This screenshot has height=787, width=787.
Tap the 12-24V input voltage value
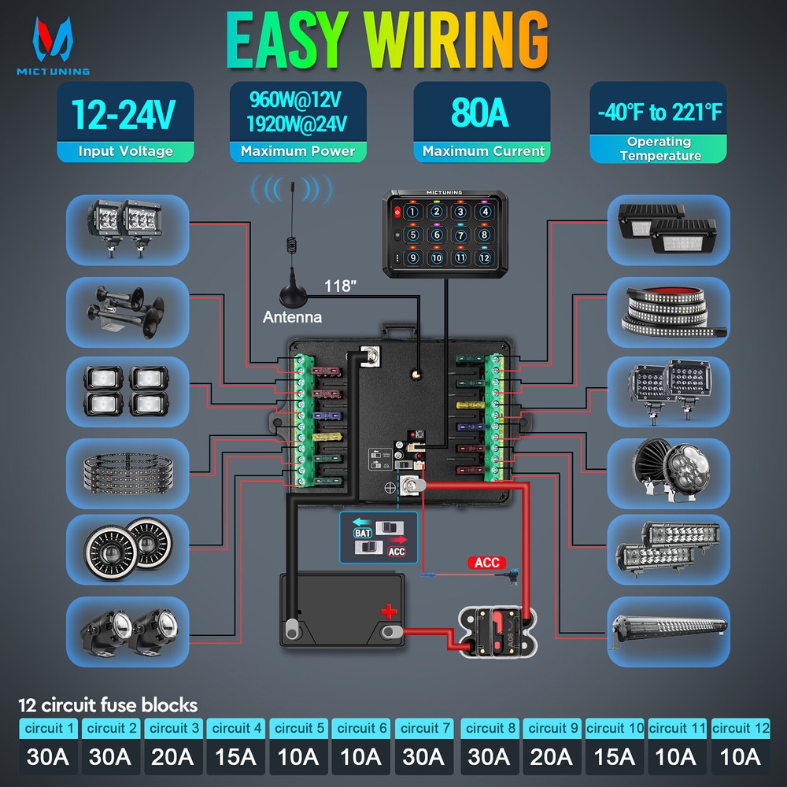click(124, 114)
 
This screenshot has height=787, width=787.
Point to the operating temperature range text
click(659, 113)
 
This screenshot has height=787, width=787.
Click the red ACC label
click(487, 563)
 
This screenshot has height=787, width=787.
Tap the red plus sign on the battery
click(388, 611)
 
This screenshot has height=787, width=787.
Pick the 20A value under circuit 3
click(172, 756)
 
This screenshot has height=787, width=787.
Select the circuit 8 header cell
click(489, 728)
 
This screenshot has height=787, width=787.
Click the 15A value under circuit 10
click(615, 756)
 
